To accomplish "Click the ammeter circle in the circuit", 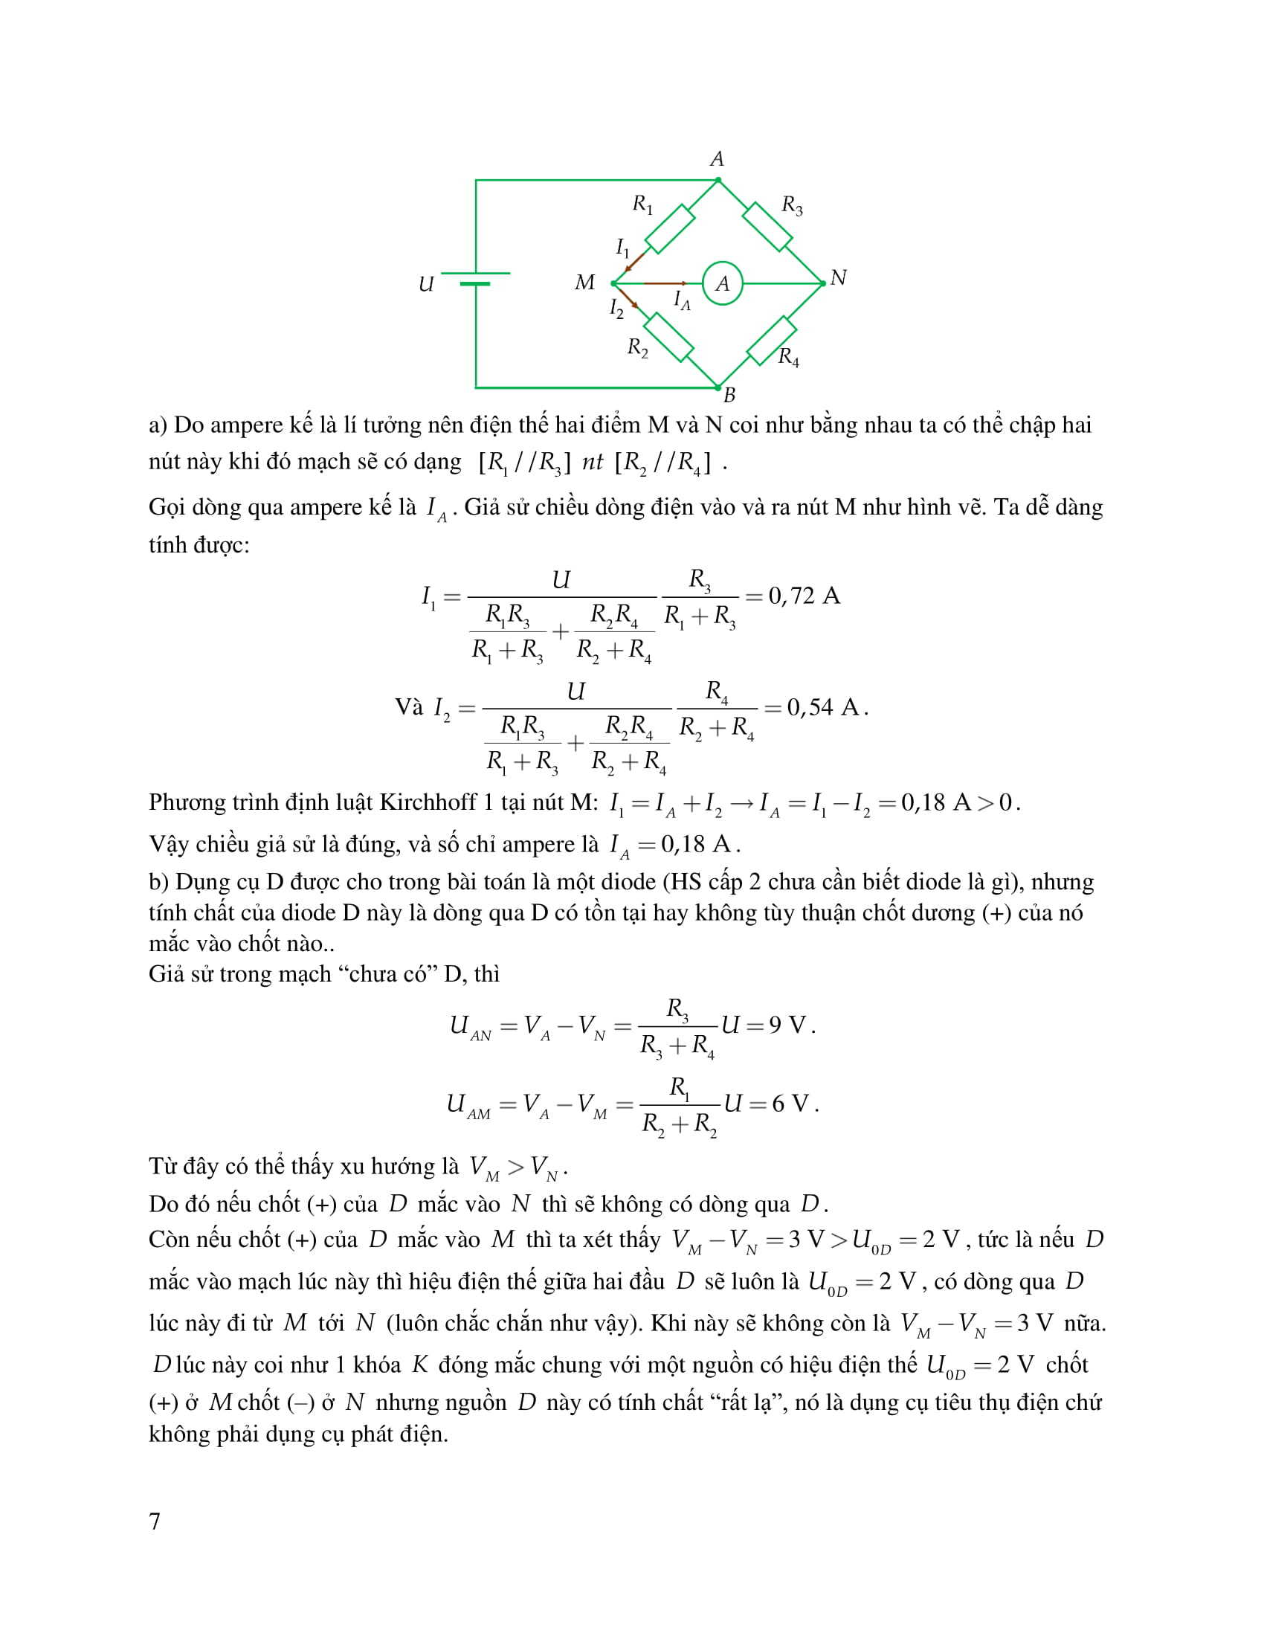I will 722,283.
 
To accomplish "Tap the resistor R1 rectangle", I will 669,228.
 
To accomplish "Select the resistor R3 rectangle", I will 767,226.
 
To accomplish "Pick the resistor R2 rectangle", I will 668,338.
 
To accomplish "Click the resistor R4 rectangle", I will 770,340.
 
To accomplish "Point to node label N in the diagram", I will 838,278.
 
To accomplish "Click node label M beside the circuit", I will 584,283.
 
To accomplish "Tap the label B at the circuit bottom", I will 729,396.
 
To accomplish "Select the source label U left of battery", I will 426,285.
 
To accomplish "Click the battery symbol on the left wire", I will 476,279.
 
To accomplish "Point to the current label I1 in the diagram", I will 622,247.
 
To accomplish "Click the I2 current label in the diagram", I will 616,308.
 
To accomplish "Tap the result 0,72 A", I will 804,596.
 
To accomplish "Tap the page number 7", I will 155,1521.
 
